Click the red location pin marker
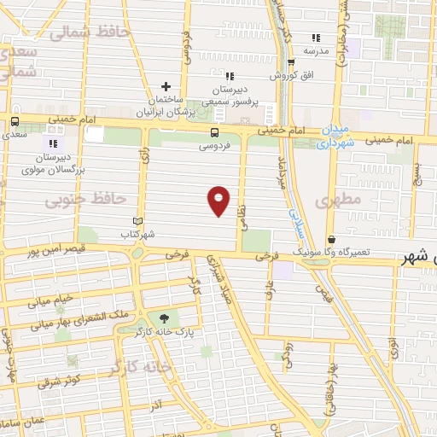pos(219,201)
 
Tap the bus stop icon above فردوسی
pos(213,132)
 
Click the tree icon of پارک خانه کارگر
pos(152,318)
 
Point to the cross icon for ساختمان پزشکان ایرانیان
pos(166,86)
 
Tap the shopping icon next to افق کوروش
pos(291,61)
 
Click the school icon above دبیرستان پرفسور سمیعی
pos(228,75)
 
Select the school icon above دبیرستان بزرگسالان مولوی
pos(54,143)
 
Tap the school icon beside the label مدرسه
pos(316,38)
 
